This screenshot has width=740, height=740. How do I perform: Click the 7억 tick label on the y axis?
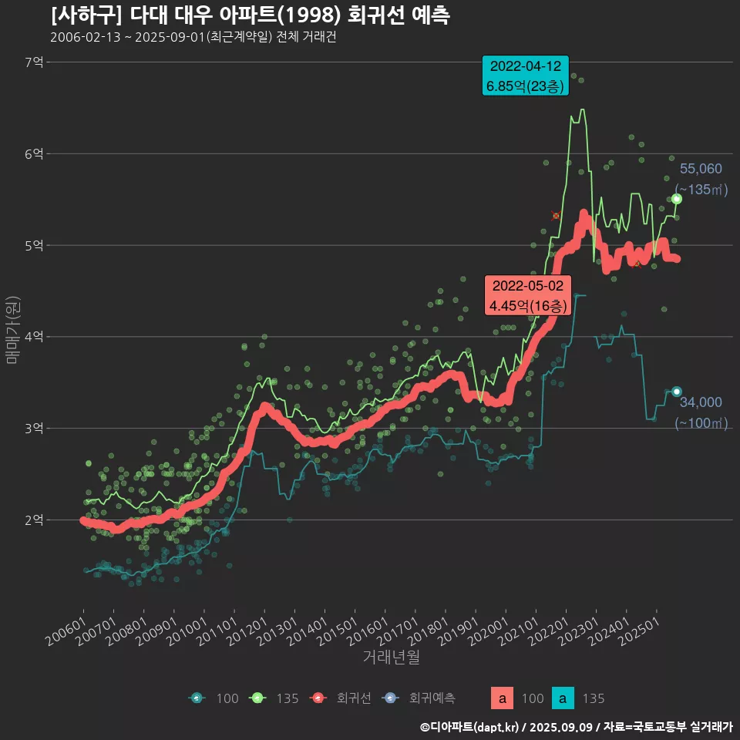tap(34, 62)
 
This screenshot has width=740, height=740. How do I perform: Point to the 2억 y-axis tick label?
tap(34, 520)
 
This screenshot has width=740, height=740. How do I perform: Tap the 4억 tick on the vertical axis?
tap(34, 337)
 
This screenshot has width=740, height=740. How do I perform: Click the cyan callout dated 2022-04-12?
tap(525, 76)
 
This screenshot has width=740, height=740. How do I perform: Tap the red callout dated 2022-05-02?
tap(528, 295)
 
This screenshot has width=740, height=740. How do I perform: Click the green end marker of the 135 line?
tap(677, 199)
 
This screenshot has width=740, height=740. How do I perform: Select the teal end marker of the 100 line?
tap(677, 392)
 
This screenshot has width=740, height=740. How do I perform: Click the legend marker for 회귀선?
tap(317, 698)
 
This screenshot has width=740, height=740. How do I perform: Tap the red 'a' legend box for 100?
tap(503, 698)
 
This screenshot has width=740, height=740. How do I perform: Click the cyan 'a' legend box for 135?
tap(564, 698)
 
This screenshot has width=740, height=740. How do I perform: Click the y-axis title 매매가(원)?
tap(12, 329)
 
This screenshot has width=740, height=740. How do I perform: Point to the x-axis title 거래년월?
tap(392, 658)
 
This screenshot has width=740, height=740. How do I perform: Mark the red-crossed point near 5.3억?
tap(556, 216)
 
